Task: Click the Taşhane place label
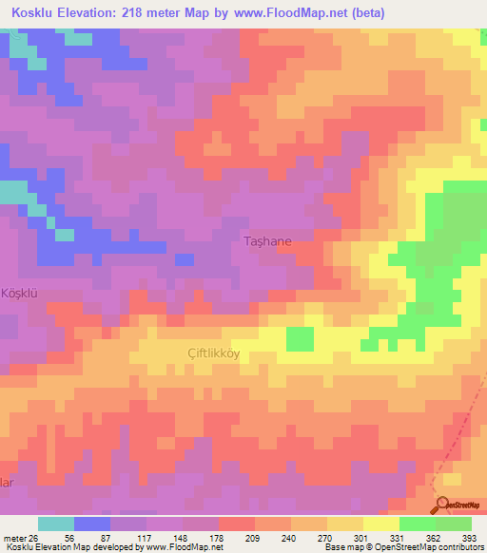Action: (x=268, y=242)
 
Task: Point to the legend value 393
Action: (x=471, y=537)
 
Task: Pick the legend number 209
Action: (x=237, y=537)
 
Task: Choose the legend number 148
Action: (x=179, y=537)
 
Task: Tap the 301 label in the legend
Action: (x=353, y=537)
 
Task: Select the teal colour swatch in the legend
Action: (x=55, y=524)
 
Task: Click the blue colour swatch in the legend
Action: (x=91, y=524)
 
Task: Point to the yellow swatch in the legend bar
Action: (x=380, y=524)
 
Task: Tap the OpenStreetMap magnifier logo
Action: (x=444, y=504)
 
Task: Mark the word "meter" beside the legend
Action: (x=14, y=537)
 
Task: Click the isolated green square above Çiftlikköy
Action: (x=300, y=337)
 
